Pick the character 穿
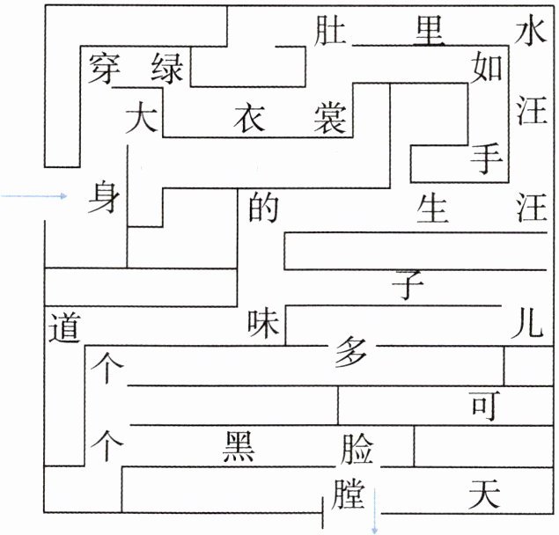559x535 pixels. pos(105,68)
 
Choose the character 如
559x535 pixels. pos(487,66)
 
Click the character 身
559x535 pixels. pos(104,199)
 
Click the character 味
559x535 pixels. pos(265,325)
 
